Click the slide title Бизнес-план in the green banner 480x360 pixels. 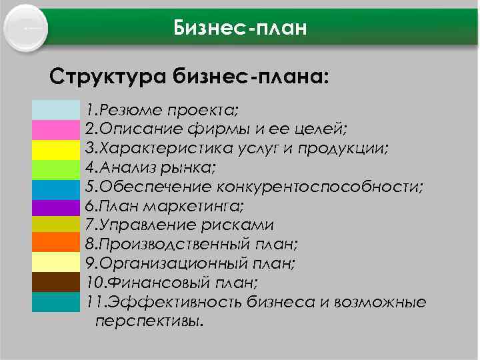(x=239, y=28)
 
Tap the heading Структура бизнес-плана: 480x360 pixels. (x=189, y=75)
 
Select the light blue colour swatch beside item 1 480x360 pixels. (x=55, y=109)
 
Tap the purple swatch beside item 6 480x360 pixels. (x=55, y=207)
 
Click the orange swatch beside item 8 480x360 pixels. (x=55, y=243)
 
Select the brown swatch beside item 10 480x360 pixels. (x=55, y=282)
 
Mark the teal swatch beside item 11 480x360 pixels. (x=55, y=302)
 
